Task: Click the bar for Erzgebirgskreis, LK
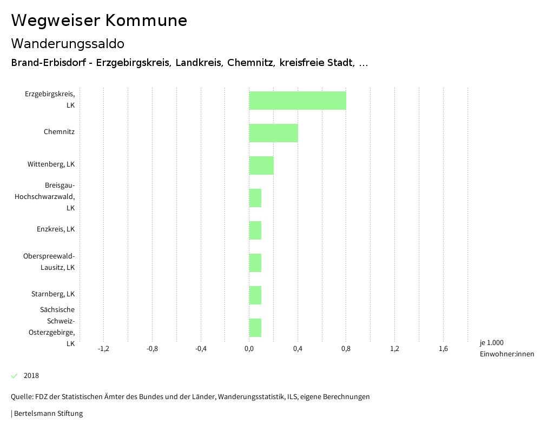coord(298,101)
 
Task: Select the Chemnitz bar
coord(273,133)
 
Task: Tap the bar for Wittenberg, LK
coord(261,165)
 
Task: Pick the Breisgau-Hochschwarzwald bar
coord(255,198)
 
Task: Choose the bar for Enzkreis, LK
coord(255,230)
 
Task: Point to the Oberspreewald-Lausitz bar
coord(255,263)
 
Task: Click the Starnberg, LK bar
coord(255,295)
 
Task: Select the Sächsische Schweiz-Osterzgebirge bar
coord(255,328)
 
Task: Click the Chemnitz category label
coord(59,132)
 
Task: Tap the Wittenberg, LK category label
coord(51,164)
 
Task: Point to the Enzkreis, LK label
coord(56,229)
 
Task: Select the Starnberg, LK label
coord(53,294)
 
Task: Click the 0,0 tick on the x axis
coord(249,349)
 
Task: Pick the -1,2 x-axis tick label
coord(103,349)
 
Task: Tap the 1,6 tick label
coord(443,349)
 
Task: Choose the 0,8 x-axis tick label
coord(346,349)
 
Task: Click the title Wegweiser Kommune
coord(99,21)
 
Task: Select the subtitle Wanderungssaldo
coord(68,43)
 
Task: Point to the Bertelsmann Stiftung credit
coord(48,414)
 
